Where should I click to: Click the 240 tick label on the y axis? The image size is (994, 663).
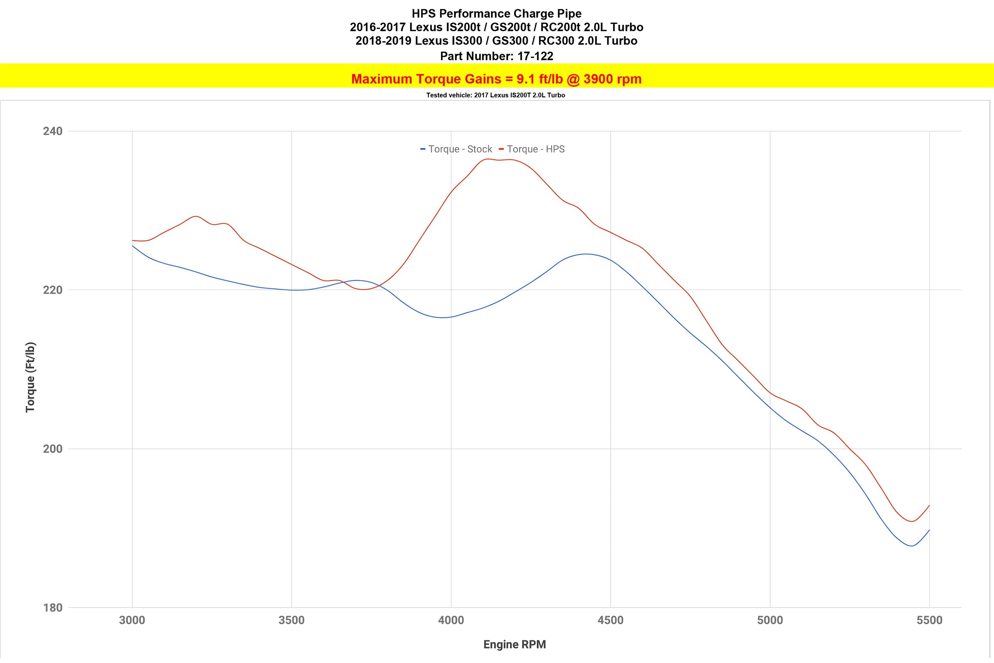[x=52, y=131]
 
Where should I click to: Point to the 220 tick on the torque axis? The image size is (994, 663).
[x=52, y=290]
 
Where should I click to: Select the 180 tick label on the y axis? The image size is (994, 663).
[x=52, y=608]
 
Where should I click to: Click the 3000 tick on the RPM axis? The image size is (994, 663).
[x=132, y=620]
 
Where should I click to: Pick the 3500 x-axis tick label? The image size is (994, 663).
[x=292, y=620]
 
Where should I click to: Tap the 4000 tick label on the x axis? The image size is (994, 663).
[x=451, y=620]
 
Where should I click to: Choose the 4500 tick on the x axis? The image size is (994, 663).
[x=611, y=620]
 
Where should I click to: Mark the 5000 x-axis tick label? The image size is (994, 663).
[x=770, y=620]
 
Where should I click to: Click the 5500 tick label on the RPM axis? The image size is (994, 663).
[x=929, y=620]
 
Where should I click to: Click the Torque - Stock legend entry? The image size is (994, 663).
[x=457, y=149]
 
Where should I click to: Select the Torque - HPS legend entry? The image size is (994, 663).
[x=532, y=149]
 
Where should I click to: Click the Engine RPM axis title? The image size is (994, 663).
[x=514, y=644]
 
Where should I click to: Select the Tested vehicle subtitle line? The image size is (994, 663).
[x=495, y=95]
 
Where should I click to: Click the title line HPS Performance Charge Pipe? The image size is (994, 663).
[x=497, y=14]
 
